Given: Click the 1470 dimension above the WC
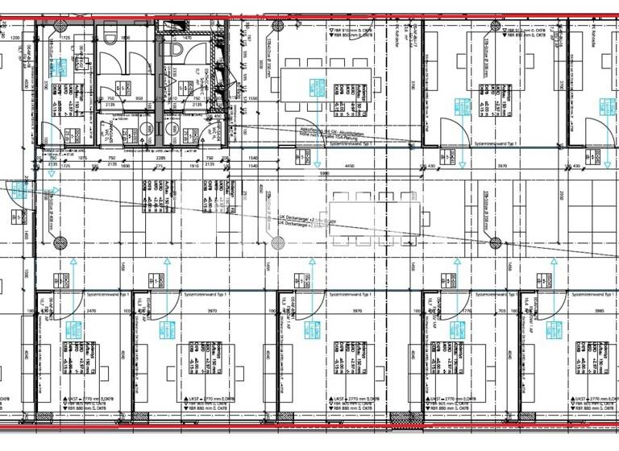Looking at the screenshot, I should (186, 38).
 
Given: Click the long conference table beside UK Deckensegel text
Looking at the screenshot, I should (375, 213).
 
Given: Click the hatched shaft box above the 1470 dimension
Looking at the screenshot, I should (192, 27).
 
